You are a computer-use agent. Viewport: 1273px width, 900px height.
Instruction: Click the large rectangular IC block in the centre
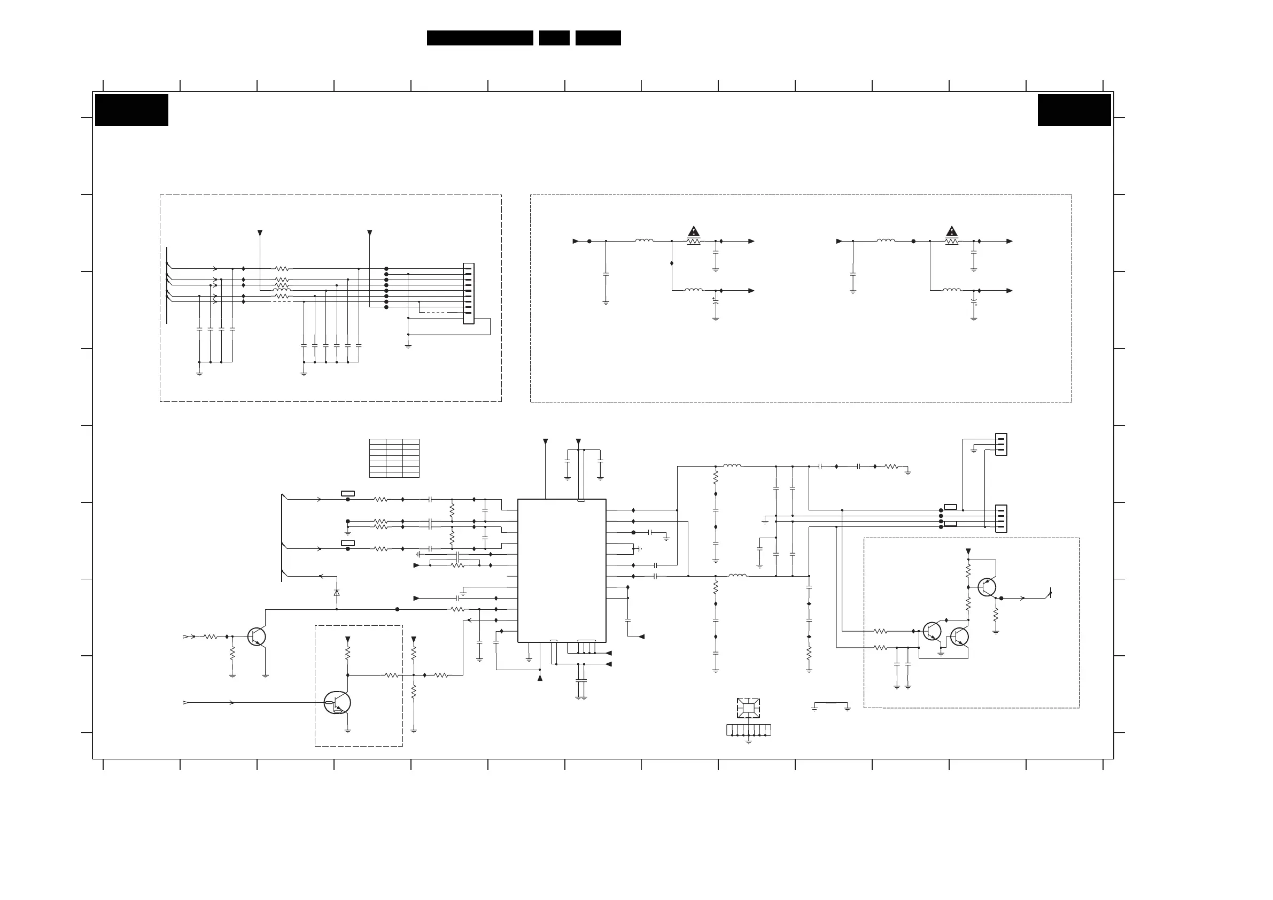tap(561, 571)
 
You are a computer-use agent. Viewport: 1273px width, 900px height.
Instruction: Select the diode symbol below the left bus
tap(337, 593)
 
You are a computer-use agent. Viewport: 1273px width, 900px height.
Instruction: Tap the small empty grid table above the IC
tap(394, 458)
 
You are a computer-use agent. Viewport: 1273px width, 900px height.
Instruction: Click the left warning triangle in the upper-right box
tap(694, 231)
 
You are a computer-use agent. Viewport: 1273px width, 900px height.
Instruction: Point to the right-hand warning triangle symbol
tap(951, 231)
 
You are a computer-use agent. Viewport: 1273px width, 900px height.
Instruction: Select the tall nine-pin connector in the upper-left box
tap(469, 293)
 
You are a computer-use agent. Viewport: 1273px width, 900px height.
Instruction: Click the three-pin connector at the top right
tap(1001, 444)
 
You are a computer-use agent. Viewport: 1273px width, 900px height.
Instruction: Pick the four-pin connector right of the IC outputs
tap(1001, 518)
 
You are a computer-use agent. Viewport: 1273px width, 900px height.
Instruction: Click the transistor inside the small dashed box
tap(337, 703)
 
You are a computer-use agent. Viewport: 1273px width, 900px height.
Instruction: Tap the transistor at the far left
tap(257, 637)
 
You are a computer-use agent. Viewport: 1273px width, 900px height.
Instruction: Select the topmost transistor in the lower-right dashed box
tap(987, 587)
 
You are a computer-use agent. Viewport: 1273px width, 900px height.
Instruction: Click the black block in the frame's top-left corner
tap(131, 110)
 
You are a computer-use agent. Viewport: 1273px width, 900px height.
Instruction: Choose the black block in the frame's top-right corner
tap(1074, 110)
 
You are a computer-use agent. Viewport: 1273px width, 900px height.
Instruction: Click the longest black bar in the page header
tap(479, 38)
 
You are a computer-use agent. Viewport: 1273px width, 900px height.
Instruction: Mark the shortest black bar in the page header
tap(554, 38)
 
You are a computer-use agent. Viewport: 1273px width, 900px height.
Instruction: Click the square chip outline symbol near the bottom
tap(748, 708)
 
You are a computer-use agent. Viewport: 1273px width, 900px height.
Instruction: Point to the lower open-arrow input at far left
tap(186, 703)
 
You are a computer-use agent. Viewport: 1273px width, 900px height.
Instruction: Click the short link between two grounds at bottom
tap(830, 703)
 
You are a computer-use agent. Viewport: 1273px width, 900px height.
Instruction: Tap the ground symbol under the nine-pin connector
tap(408, 345)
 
